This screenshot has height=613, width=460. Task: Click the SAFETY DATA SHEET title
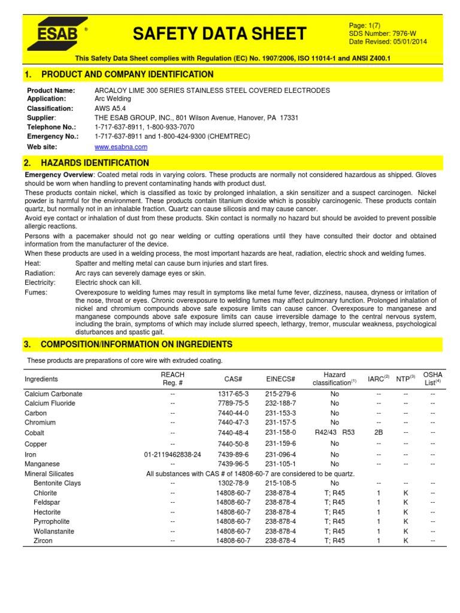[x=219, y=34]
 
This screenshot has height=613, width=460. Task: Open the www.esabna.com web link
[x=121, y=147]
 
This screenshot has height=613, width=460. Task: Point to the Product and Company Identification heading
[x=126, y=74]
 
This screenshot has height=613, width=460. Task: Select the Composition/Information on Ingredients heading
[x=136, y=344]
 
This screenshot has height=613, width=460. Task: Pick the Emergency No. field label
[x=53, y=136]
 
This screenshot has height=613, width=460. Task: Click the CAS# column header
[x=232, y=379]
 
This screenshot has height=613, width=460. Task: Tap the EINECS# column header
[x=280, y=379]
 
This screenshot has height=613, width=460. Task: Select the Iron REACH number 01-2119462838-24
[x=172, y=454]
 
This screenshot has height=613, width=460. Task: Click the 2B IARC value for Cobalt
[x=378, y=432]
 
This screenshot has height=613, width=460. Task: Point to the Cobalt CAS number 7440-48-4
[x=232, y=432]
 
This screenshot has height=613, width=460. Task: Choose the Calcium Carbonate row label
[x=53, y=394]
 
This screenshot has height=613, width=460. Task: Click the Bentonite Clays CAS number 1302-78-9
[x=232, y=483]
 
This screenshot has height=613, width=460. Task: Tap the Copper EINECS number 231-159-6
[x=280, y=444]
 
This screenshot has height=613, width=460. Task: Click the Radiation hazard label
[x=40, y=273]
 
